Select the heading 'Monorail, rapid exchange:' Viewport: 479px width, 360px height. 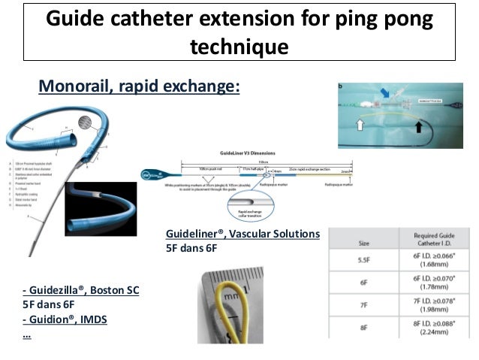click(x=139, y=87)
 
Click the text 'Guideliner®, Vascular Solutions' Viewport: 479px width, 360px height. click(x=243, y=234)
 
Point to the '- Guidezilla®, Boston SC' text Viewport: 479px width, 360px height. click(x=81, y=289)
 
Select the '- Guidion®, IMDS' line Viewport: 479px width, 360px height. click(x=65, y=319)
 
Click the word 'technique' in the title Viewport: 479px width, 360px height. click(x=239, y=47)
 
